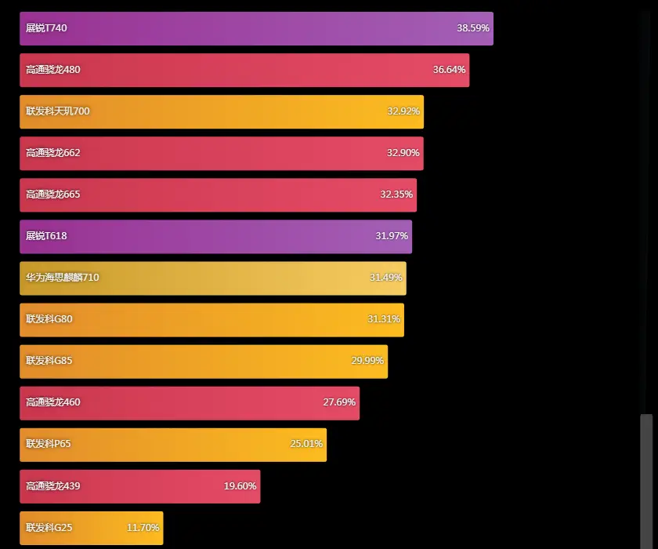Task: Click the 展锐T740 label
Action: point(46,28)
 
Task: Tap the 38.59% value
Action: point(473,28)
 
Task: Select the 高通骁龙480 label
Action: point(53,70)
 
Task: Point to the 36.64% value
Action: point(449,70)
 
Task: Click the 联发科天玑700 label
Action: point(58,111)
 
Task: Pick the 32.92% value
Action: point(403,111)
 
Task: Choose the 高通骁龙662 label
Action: point(53,153)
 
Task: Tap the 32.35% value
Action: point(396,195)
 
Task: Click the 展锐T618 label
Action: point(46,236)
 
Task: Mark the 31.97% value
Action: point(392,236)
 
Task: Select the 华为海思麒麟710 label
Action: point(63,278)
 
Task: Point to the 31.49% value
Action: point(385,278)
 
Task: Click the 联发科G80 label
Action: point(49,319)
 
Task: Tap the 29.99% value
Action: point(367,361)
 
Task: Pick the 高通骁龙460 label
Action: point(53,402)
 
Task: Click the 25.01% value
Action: point(306,444)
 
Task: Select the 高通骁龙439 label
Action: point(53,486)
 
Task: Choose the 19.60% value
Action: point(240,486)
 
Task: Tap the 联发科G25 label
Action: point(49,528)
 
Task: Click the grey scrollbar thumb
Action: point(646,480)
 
